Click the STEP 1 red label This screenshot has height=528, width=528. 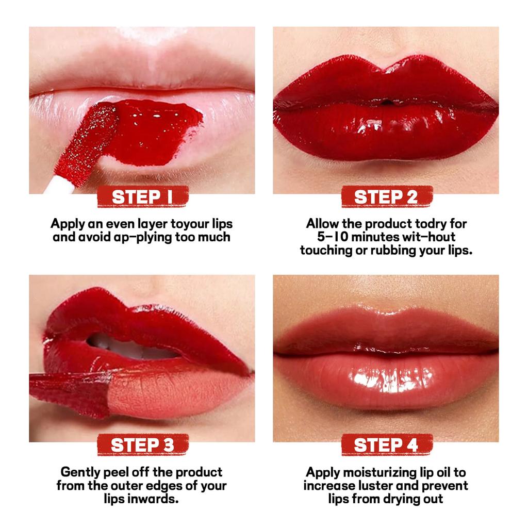click(x=143, y=196)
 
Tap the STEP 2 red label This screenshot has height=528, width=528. click(x=387, y=196)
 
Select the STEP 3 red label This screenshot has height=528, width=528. click(x=143, y=445)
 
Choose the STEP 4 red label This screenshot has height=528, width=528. click(x=387, y=445)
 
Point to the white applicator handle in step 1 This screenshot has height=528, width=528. click(x=59, y=186)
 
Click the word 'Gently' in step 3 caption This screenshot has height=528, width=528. click(x=80, y=472)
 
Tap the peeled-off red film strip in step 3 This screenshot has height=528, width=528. click(x=71, y=394)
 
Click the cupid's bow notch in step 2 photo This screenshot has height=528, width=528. click(x=386, y=69)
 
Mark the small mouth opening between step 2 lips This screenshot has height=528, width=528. click(x=387, y=102)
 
